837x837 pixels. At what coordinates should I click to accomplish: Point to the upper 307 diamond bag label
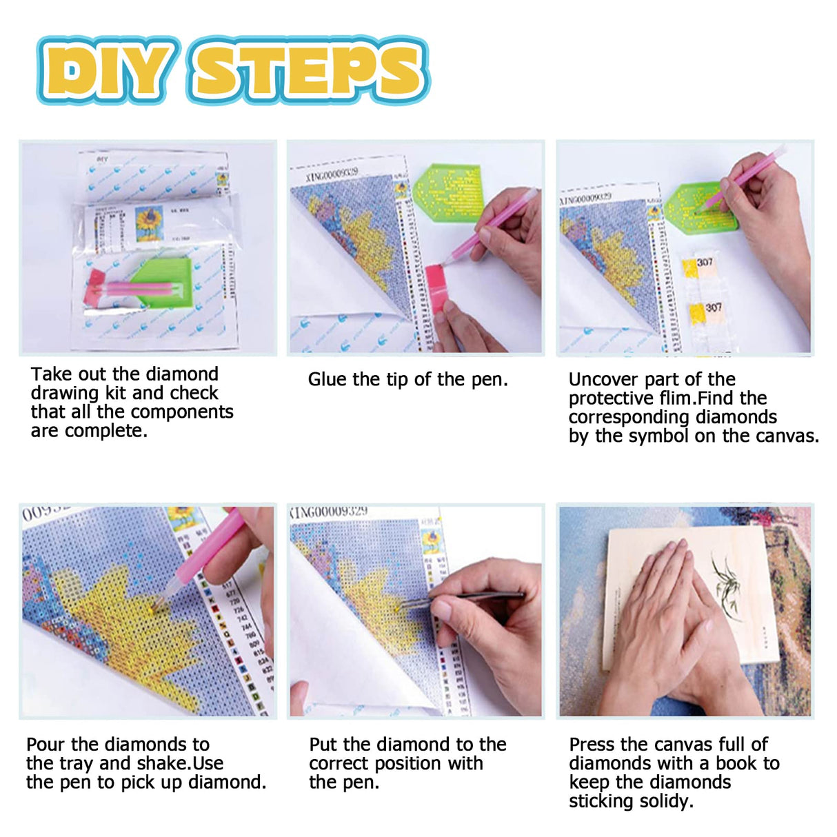(x=705, y=263)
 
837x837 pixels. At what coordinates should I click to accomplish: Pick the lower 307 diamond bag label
(x=713, y=307)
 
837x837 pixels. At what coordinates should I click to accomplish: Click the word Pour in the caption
(x=46, y=745)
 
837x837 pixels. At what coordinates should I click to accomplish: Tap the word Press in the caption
(x=592, y=745)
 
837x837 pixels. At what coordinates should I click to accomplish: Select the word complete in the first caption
(x=105, y=432)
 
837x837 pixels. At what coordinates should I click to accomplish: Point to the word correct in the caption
(x=340, y=764)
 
